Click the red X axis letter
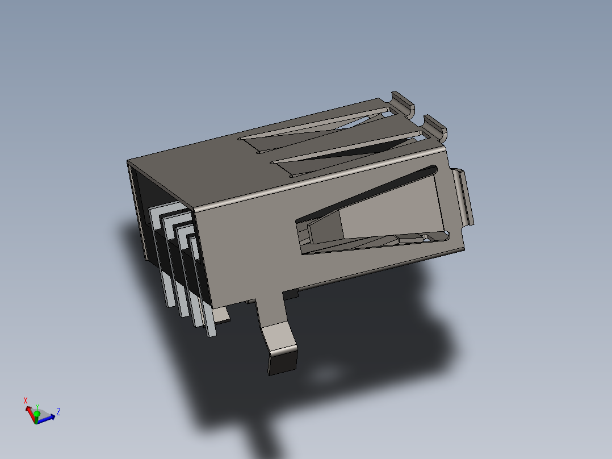pyautogui.click(x=26, y=400)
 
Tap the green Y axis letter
pyautogui.click(x=37, y=407)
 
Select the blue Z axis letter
pyautogui.click(x=58, y=411)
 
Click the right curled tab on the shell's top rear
pyautogui.click(x=436, y=126)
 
